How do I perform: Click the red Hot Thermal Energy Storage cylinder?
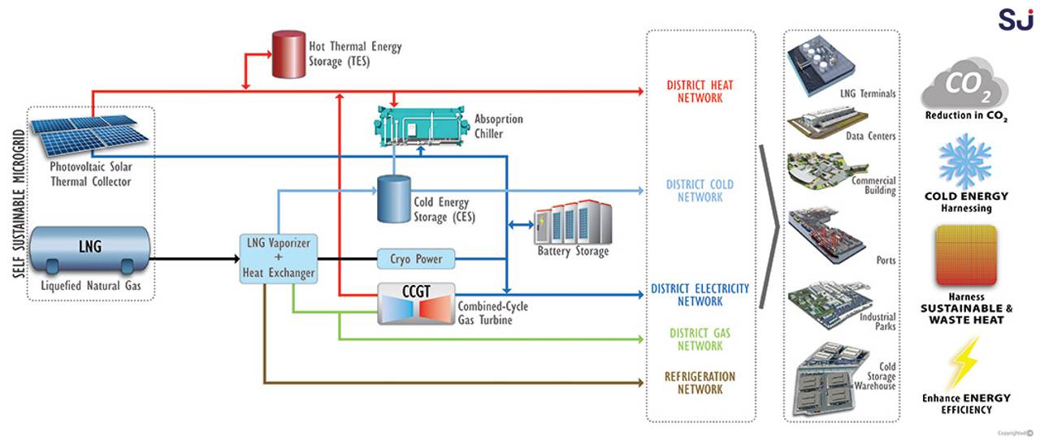coord(284,55)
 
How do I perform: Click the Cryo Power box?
coord(415,260)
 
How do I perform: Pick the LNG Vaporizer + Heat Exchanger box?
coord(279,257)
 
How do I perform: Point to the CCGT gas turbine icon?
coord(416,305)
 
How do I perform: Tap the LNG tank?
coord(91,249)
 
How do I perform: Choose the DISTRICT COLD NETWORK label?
coord(699,191)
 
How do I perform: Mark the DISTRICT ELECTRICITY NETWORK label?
coord(700,295)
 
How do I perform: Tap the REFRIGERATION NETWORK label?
coord(699,382)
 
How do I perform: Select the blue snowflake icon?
coord(965,162)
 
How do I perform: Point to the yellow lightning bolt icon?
coord(964,362)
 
